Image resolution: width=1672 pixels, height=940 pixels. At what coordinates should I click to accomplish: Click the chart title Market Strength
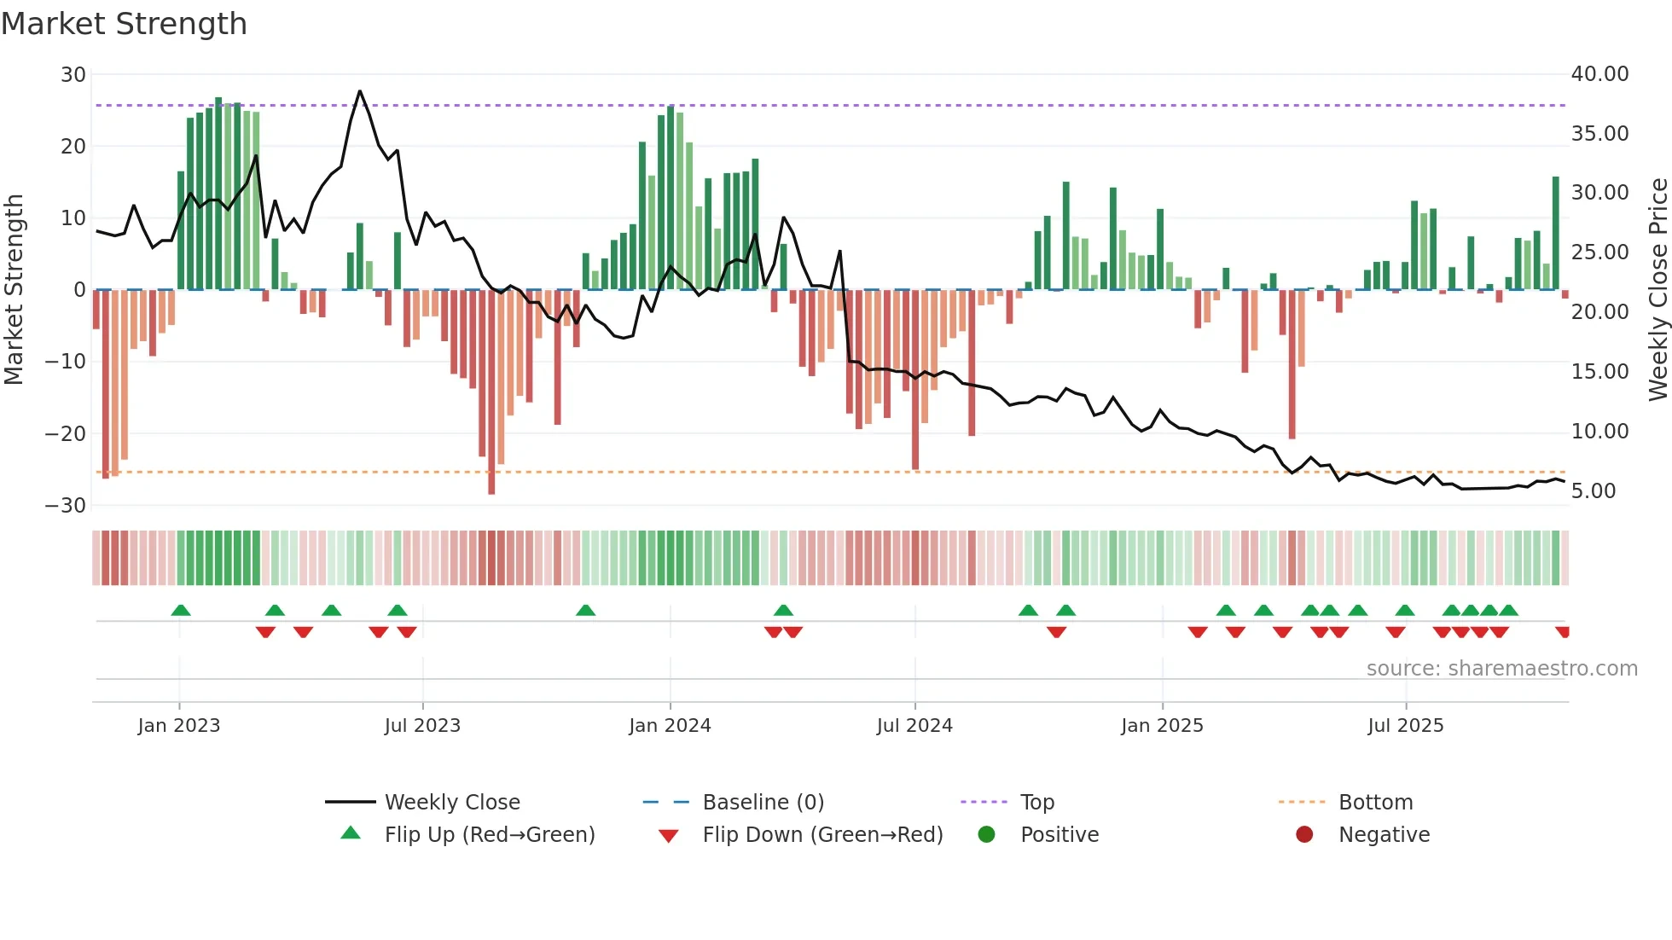pos(124,24)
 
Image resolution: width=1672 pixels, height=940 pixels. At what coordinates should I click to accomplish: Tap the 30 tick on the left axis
pos(73,75)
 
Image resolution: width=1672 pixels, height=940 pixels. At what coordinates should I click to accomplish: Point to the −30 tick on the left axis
pos(66,506)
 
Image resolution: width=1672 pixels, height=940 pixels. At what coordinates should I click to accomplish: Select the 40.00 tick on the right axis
pos(1599,74)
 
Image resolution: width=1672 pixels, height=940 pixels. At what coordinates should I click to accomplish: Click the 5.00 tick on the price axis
pos(1594,491)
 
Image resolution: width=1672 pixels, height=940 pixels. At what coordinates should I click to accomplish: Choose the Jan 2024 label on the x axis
pos(670,726)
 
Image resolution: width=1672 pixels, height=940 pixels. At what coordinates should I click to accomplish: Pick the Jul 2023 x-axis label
pos(422,726)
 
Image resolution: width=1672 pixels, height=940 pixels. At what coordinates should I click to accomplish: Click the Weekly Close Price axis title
pos(1657,289)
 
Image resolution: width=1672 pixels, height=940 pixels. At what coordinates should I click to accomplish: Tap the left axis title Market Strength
pos(14,289)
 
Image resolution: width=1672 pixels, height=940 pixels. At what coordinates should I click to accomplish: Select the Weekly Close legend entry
pos(452,803)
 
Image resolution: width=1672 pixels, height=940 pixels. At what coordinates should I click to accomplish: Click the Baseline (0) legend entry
pos(763,803)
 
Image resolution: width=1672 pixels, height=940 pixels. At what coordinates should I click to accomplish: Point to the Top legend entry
pos(1037,803)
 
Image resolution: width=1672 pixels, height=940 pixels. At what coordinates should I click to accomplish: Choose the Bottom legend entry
pos(1375,803)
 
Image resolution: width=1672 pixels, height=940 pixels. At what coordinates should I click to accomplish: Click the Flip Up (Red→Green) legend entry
pos(489,835)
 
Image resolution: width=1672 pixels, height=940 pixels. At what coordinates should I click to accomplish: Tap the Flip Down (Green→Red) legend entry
pos(822,835)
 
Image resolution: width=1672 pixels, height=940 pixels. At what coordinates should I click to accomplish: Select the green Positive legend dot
pos(987,835)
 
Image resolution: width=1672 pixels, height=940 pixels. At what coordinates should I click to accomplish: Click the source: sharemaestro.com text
pos(1501,669)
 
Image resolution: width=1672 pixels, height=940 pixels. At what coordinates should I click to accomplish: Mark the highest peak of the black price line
pos(360,91)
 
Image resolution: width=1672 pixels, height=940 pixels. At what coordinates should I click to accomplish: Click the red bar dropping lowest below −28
pos(491,392)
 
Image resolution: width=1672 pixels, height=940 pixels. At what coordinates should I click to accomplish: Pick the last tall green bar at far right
pos(1555,233)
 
